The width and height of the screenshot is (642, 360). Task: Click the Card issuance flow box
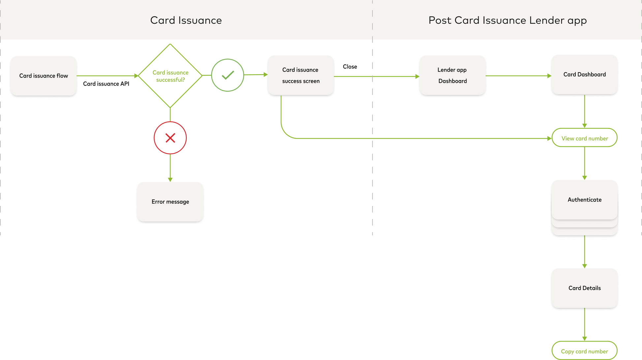(x=44, y=76)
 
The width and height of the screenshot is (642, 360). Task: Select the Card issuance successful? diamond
(x=170, y=76)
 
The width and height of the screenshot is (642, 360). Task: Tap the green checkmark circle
(x=228, y=75)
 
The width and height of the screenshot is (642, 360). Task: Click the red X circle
(x=170, y=138)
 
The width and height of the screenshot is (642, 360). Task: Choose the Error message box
(x=170, y=202)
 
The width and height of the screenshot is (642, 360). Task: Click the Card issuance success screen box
(x=301, y=75)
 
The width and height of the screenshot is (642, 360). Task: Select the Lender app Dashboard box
(x=452, y=75)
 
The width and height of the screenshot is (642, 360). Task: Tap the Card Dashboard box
(x=584, y=75)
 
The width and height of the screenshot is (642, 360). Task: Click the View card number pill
(x=584, y=138)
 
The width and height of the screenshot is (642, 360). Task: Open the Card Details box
(x=584, y=288)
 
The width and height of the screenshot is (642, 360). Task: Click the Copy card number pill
(x=584, y=351)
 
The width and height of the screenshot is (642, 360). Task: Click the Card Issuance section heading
(x=186, y=20)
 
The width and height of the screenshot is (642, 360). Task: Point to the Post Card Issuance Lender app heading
(x=507, y=20)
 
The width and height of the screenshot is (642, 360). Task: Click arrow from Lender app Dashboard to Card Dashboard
(x=518, y=76)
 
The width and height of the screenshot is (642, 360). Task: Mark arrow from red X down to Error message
(x=170, y=167)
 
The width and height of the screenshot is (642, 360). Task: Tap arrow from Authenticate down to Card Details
(x=584, y=251)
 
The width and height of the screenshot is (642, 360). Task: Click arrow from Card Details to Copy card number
(x=584, y=324)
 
